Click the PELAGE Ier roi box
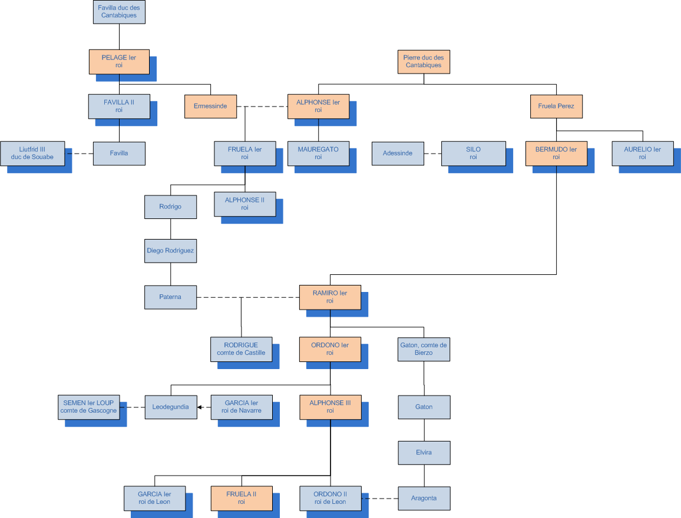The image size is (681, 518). tap(119, 62)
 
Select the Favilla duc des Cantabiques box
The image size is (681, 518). tap(119, 12)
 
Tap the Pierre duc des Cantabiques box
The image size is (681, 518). tap(424, 61)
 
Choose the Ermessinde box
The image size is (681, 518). tap(210, 107)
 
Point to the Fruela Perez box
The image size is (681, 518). tap(556, 107)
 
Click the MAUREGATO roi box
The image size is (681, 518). tap(318, 153)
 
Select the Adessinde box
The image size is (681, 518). tap(398, 153)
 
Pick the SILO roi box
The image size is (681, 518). tap(473, 153)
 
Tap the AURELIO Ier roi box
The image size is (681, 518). tap(642, 153)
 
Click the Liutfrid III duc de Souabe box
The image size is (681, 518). tap(32, 153)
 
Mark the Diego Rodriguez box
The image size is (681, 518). tap(170, 251)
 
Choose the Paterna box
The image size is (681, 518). tap(170, 297)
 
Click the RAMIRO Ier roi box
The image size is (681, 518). tap(329, 297)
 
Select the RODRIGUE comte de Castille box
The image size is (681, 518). tap(241, 348)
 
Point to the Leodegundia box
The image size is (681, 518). tap(171, 407)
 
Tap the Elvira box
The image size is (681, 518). tap(424, 453)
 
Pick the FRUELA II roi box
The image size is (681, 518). tap(242, 498)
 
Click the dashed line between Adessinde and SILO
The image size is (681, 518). tap(432, 154)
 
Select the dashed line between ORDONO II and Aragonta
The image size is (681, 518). tap(380, 499)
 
